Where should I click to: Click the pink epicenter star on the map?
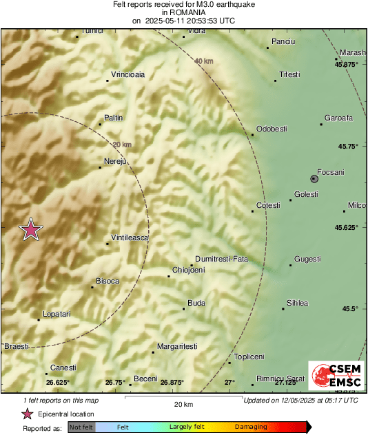pos(30,230)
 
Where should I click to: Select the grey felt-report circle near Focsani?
pos(314,178)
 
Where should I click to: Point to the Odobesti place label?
pos(271,129)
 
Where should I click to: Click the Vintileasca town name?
pos(130,237)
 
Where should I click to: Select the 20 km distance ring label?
pos(121,145)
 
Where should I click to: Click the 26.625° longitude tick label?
pos(58,382)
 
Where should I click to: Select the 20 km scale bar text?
pos(183,404)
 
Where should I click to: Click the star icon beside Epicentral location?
pos(28,414)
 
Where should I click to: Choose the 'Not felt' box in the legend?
pos(81,427)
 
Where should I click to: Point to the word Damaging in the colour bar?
pos(251,427)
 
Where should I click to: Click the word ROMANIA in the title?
pos(183,12)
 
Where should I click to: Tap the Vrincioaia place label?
pos(127,75)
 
